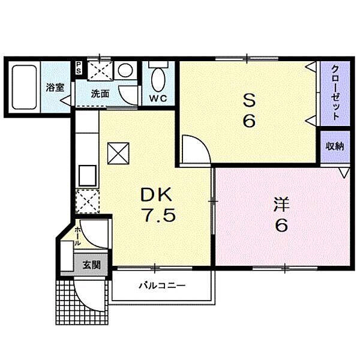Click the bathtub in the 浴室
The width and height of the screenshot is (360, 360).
[x=25, y=87]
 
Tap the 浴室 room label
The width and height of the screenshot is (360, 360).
[x=55, y=88]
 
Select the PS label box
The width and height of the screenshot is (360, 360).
[x=79, y=68]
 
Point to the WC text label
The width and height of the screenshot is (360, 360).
[x=158, y=98]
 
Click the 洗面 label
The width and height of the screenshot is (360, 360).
[x=100, y=94]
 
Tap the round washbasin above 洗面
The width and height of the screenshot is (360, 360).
[x=125, y=70]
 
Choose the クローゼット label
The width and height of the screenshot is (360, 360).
[x=335, y=92]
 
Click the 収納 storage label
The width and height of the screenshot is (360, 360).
[x=335, y=146]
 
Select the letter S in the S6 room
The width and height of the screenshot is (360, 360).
[x=250, y=101]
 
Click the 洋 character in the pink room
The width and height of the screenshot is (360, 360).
[x=281, y=205]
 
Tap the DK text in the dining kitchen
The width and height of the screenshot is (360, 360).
[x=157, y=194]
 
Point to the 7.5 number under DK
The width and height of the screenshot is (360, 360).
[x=160, y=215]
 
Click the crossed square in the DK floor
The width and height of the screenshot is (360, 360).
[x=118, y=154]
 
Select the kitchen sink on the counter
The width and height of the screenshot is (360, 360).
[x=88, y=176]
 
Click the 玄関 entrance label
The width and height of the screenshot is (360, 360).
[x=92, y=265]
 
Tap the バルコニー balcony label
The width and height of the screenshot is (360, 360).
[x=163, y=286]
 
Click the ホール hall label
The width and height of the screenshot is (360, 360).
[x=77, y=236]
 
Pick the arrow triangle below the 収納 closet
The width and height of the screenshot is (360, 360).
[x=344, y=173]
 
